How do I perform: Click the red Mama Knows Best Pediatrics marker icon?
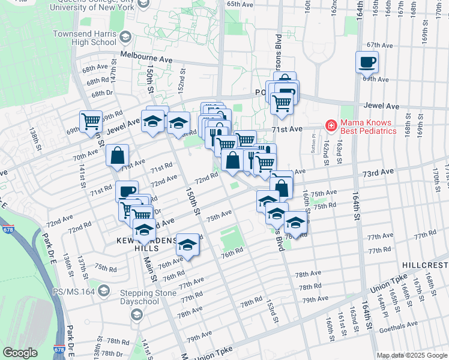click(330, 125)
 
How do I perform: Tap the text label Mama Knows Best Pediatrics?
click(369, 126)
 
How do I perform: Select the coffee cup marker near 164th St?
click(367, 61)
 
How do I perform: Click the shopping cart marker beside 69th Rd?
click(91, 122)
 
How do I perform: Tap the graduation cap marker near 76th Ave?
click(188, 245)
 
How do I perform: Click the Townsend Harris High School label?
click(85, 38)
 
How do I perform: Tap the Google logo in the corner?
click(20, 353)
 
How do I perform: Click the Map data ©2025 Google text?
click(412, 355)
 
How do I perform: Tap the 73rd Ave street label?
click(378, 172)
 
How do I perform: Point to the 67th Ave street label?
click(379, 45)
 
